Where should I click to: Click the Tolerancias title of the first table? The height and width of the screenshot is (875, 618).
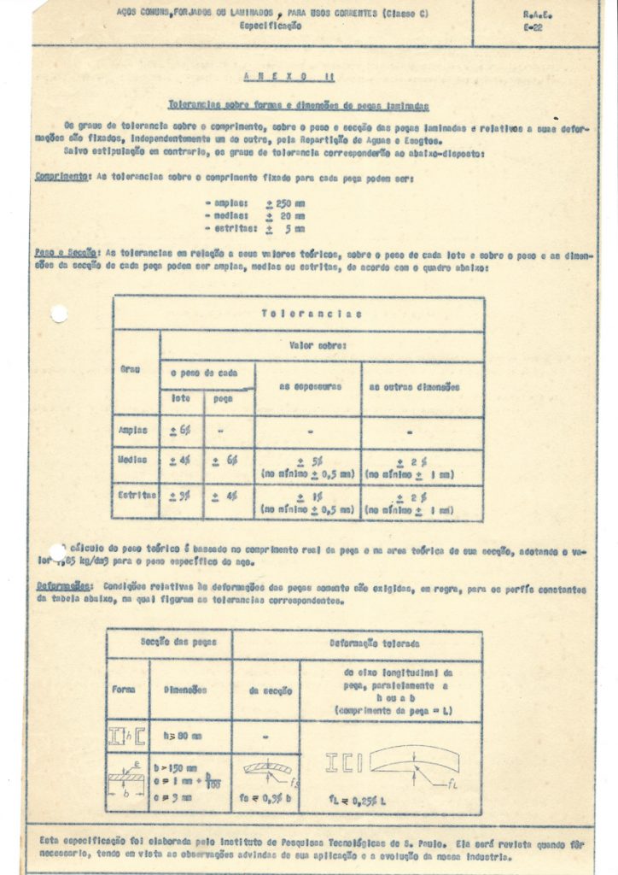299,314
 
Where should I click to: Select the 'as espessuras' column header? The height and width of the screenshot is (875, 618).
307,387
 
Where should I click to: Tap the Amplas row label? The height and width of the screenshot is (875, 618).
134,431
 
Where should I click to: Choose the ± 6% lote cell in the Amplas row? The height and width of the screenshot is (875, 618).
180,431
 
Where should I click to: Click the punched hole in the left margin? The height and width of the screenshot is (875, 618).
59,314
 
